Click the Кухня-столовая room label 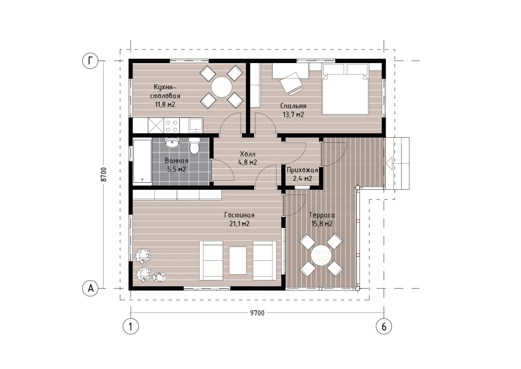(165, 96)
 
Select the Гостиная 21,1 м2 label (239, 219)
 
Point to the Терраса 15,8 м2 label (322, 219)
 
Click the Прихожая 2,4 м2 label (302, 174)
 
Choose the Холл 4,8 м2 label (248, 158)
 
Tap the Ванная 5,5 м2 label (176, 165)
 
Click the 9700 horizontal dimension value (257, 313)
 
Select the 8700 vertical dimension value (104, 174)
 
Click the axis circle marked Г (91, 61)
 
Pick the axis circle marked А (91, 288)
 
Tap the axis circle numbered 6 (384, 326)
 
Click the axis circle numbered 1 (131, 326)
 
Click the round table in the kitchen (222, 87)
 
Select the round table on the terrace (322, 255)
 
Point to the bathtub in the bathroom (142, 161)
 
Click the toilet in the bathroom (194, 146)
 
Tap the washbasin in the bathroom (172, 143)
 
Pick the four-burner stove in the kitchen (171, 125)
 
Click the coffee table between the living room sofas (238, 260)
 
